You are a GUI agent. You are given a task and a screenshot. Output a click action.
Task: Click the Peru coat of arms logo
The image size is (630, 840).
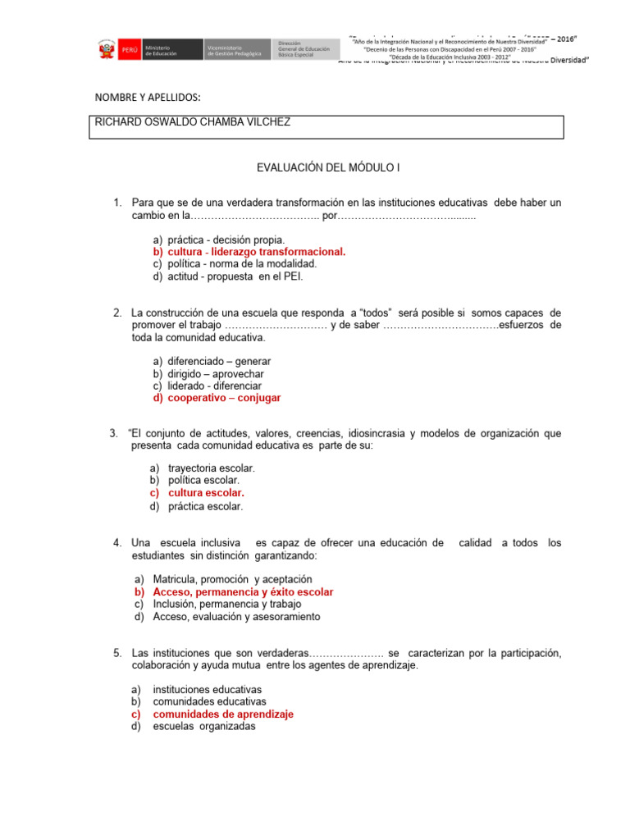pyautogui.click(x=104, y=50)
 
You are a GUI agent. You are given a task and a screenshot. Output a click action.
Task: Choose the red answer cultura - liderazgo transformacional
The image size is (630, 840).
pyautogui.click(x=257, y=252)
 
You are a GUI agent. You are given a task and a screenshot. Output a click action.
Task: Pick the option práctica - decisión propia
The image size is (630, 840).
pyautogui.click(x=226, y=240)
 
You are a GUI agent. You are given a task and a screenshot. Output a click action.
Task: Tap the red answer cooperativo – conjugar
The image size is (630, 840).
pyautogui.click(x=224, y=398)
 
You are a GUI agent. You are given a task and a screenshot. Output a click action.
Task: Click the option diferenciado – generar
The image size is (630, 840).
pyautogui.click(x=219, y=361)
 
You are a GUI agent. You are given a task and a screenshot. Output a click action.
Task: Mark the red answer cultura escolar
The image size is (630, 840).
pyautogui.click(x=206, y=494)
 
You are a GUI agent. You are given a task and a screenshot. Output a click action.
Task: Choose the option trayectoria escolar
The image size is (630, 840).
pyautogui.click(x=212, y=468)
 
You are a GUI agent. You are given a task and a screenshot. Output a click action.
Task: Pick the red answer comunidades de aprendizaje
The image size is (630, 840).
pyautogui.click(x=223, y=714)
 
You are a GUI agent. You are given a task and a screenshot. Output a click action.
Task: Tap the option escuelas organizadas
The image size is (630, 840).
pyautogui.click(x=204, y=726)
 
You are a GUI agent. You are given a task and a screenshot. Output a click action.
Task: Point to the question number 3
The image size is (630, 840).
pyautogui.click(x=113, y=432)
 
